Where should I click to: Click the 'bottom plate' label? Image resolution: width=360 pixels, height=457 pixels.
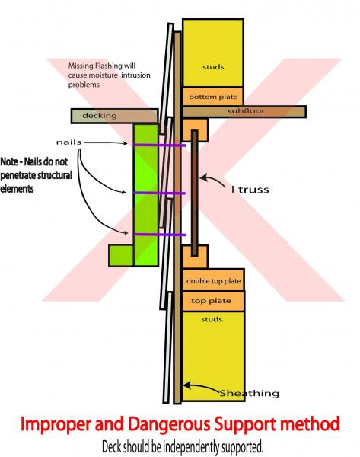pos(213,97)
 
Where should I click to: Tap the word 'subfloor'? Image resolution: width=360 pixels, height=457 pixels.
pos(246,111)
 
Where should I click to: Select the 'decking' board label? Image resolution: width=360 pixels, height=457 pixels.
pos(100,116)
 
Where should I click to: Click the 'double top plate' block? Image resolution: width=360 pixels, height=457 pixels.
pos(213,280)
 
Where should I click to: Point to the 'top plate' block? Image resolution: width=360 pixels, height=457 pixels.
pos(213,301)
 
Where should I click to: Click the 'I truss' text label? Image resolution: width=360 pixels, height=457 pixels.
pos(250,190)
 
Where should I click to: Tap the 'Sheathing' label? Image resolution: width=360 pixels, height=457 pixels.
pos(249,393)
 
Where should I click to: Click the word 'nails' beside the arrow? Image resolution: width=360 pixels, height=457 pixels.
pos(68,142)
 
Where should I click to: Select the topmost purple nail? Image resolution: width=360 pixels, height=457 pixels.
pos(160,145)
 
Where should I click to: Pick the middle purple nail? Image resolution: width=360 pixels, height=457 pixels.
pos(160,193)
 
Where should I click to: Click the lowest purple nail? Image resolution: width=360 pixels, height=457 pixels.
pos(160,235)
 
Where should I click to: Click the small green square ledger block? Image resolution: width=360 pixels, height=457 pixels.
pos(121,256)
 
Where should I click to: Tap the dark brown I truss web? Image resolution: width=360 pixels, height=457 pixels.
pos(195,193)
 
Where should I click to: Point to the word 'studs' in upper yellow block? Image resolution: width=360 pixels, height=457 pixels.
pos(213,67)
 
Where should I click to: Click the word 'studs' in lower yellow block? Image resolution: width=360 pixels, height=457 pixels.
pos(212,319)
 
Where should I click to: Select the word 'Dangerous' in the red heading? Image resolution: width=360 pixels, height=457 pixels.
pos(169,424)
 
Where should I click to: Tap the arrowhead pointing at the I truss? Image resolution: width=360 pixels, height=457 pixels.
pos(204,177)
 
